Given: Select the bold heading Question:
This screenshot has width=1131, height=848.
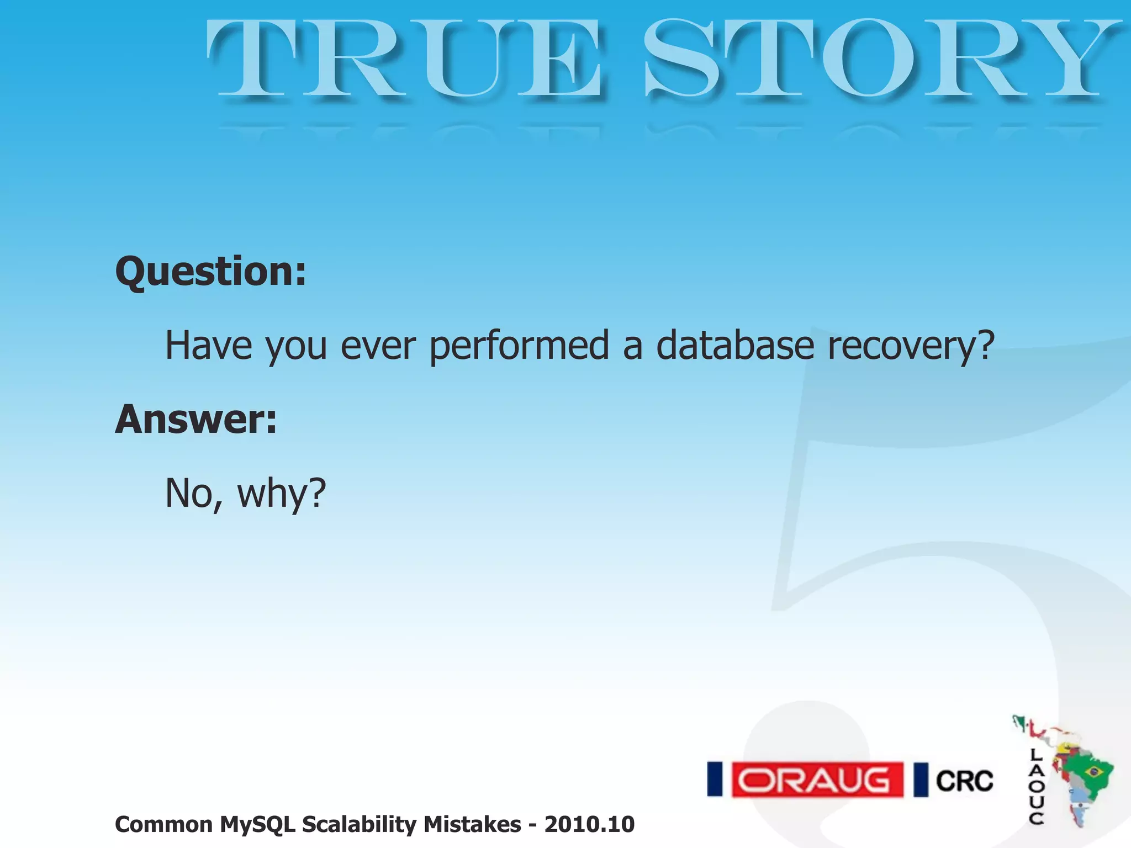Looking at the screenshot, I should tap(210, 272).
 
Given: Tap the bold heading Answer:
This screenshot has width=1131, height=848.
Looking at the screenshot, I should tap(195, 420).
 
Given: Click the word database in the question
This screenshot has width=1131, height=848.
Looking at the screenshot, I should tap(734, 346).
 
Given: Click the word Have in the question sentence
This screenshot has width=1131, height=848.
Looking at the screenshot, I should tap(208, 346).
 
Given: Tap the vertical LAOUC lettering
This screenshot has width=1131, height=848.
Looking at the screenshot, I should tap(1036, 787).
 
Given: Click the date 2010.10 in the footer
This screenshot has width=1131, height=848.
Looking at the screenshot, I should tap(589, 825).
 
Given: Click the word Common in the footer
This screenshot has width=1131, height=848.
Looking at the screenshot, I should tap(163, 825).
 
